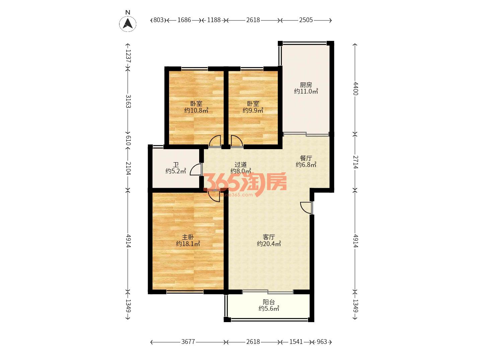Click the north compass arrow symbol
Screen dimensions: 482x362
(128, 23)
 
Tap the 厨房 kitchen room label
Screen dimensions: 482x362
(306, 84)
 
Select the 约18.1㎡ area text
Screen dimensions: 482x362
(188, 244)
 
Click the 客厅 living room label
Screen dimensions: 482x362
(269, 237)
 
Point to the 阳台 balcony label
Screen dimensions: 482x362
(269, 302)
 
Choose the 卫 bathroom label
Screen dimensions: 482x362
(176, 164)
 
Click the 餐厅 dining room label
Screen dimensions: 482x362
(306, 158)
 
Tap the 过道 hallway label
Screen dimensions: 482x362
(241, 164)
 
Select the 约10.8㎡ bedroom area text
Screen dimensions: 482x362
(196, 110)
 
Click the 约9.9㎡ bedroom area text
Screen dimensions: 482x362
(253, 110)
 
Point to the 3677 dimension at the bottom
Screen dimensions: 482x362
(188, 342)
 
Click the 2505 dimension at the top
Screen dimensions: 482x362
(306, 20)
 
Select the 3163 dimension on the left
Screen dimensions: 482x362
(128, 101)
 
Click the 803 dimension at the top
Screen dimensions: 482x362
(158, 20)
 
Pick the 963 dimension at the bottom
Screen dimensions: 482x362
(322, 342)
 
